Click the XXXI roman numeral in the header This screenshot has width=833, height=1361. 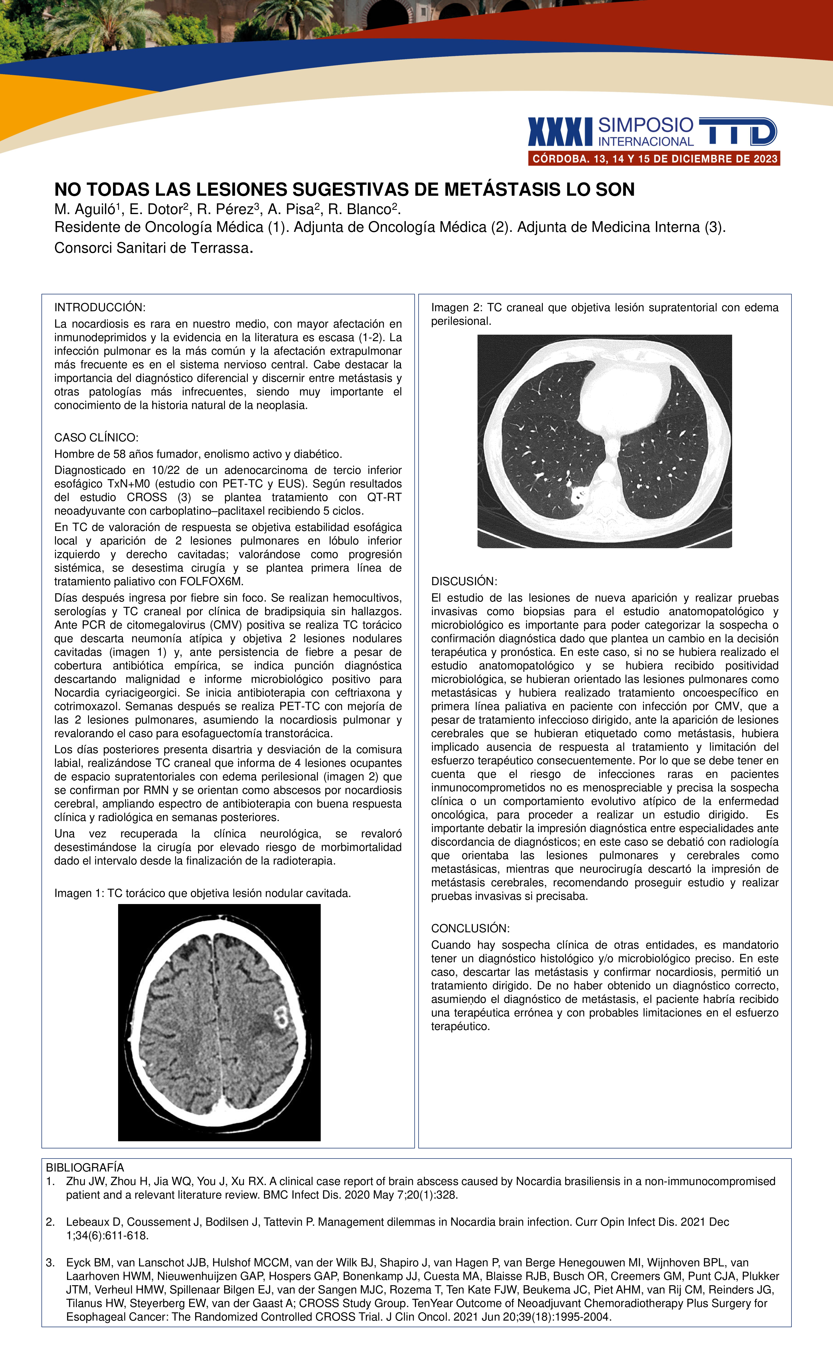pos(560,132)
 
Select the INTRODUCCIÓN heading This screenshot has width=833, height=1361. pos(99,307)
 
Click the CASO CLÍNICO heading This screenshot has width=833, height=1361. pos(96,437)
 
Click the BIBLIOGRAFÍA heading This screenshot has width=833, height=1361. pos(84,1167)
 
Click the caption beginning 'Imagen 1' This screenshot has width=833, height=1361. pos(202,893)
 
